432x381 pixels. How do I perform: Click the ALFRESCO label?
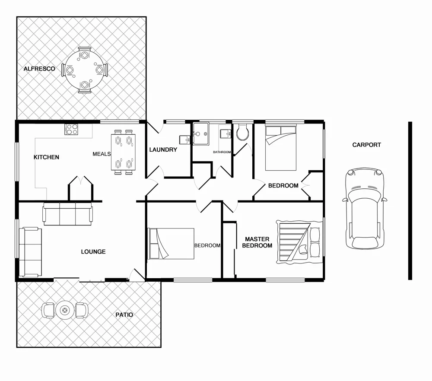pyautogui.click(x=39, y=69)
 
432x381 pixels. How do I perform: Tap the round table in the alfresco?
pyautogui.click(x=85, y=69)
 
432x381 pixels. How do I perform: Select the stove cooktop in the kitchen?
pyautogui.click(x=71, y=129)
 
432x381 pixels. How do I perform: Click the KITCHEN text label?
pyautogui.click(x=46, y=157)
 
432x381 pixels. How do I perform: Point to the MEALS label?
pyautogui.click(x=102, y=154)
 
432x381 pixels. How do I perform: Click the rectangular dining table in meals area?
pyautogui.click(x=123, y=152)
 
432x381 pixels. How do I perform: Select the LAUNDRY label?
pyautogui.click(x=163, y=150)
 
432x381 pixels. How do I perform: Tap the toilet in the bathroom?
pyautogui.click(x=243, y=132)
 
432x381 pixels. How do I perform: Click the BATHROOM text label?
pyautogui.click(x=222, y=152)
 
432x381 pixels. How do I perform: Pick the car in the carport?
pyautogui.click(x=365, y=208)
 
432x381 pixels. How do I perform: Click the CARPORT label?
pyautogui.click(x=366, y=145)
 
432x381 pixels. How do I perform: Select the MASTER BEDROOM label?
pyautogui.click(x=257, y=242)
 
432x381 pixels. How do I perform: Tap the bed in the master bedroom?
pyautogui.click(x=299, y=242)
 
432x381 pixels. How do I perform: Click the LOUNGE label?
pyautogui.click(x=93, y=252)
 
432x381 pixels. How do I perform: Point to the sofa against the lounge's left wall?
pyautogui.click(x=30, y=252)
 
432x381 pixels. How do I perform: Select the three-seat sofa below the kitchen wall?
pyautogui.click(x=67, y=215)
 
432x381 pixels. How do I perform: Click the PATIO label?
pyautogui.click(x=124, y=315)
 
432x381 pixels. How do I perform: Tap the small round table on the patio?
pyautogui.click(x=65, y=310)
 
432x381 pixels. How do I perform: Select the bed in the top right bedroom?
pyautogui.click(x=281, y=147)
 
